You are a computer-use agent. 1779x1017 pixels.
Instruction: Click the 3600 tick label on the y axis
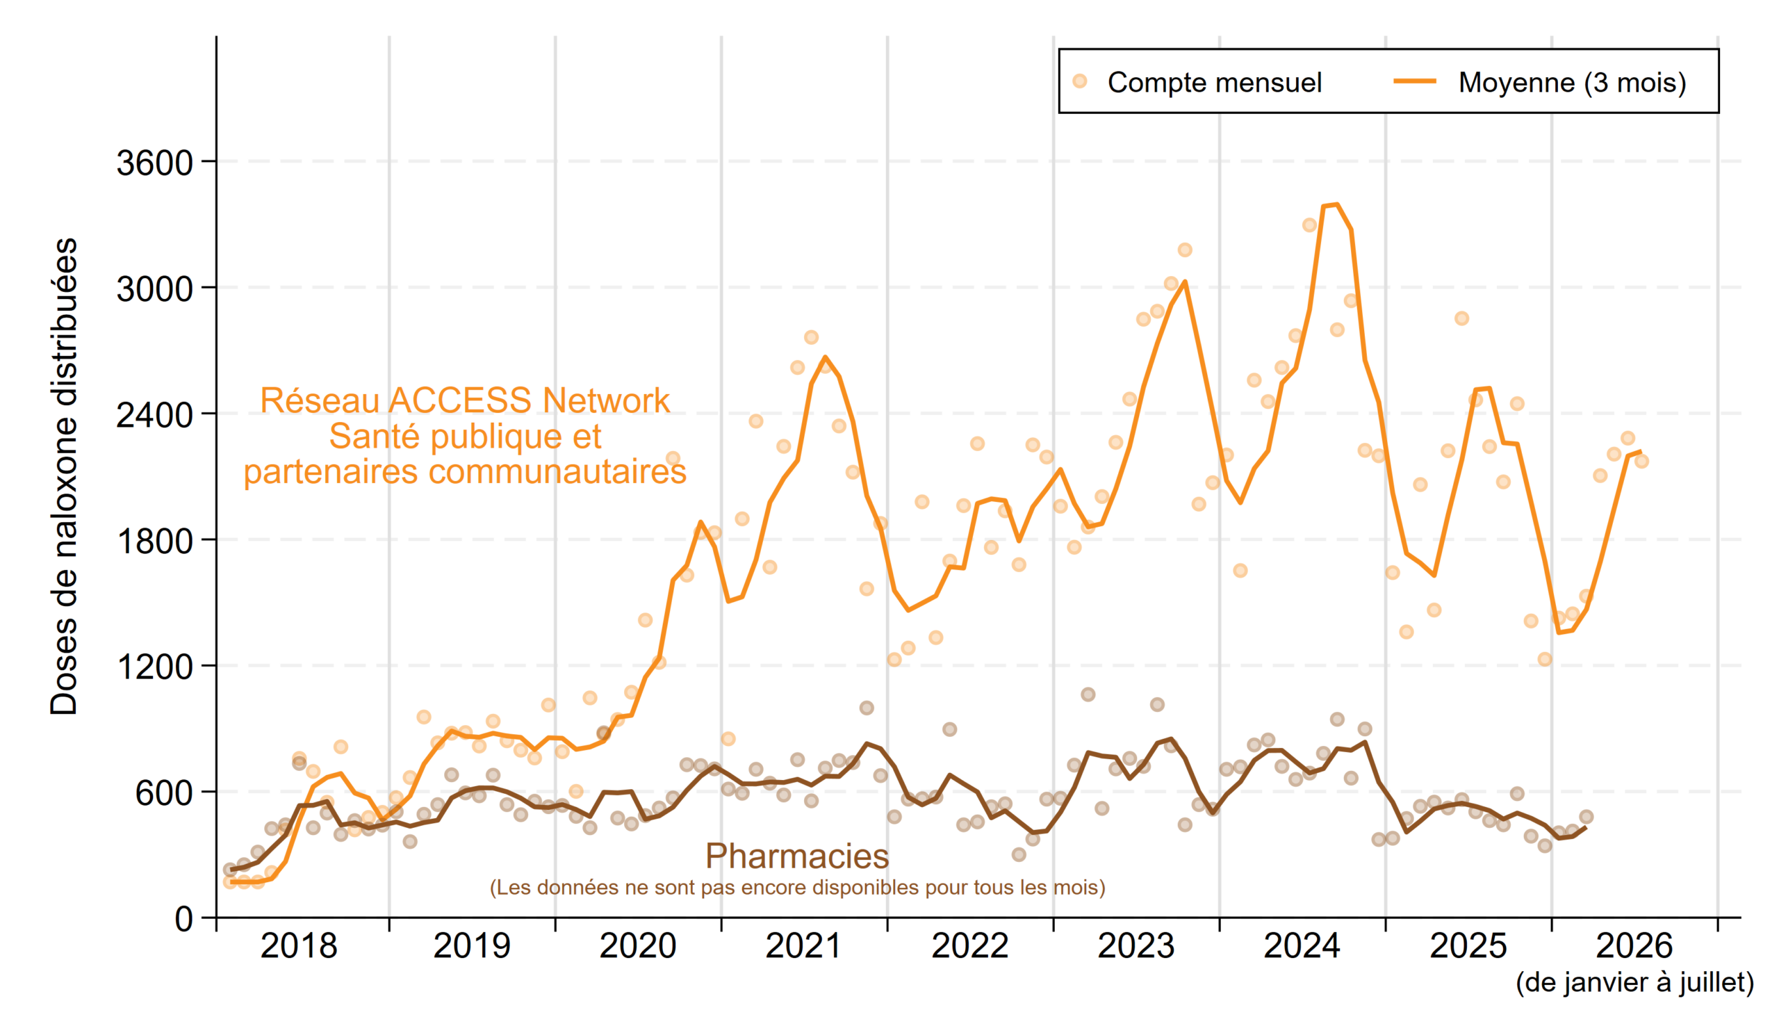(154, 163)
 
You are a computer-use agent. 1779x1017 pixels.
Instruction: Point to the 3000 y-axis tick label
(154, 289)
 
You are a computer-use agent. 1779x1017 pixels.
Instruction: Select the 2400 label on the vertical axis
(154, 416)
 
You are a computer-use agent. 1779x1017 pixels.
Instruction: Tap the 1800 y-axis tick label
(154, 542)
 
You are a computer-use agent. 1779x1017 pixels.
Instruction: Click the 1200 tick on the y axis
(154, 668)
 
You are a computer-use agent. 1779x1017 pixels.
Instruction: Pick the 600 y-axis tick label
(164, 793)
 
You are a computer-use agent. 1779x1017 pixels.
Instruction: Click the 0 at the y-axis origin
(183, 919)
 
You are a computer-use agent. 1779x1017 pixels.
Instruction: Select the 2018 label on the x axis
(299, 947)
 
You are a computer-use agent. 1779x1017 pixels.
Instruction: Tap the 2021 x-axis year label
(803, 947)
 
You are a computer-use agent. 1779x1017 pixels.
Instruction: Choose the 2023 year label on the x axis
(1136, 947)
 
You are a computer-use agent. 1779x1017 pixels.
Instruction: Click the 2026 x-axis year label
(1634, 947)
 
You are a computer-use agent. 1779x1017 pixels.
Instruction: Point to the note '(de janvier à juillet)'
(1634, 983)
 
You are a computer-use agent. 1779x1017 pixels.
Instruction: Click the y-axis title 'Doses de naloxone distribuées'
(63, 476)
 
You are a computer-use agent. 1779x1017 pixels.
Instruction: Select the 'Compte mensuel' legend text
(1215, 83)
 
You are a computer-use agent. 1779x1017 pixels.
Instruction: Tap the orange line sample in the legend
(1415, 81)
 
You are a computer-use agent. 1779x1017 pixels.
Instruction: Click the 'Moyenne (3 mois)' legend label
(1573, 83)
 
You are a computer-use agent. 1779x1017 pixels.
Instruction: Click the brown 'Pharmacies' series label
(796, 856)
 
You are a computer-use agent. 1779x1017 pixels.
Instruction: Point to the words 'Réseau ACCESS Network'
(465, 401)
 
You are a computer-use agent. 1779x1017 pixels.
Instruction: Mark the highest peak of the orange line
(1336, 204)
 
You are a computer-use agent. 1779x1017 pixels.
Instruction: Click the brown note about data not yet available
(797, 888)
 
